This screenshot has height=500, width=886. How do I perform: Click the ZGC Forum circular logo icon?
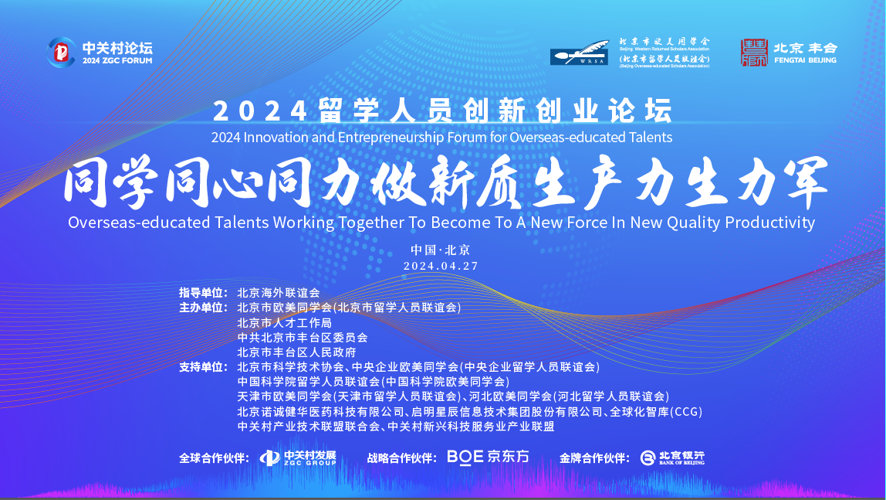pyautogui.click(x=61, y=53)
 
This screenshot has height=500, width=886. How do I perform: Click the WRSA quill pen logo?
pyautogui.click(x=579, y=53)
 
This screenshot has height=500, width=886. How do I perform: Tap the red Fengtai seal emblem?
pyautogui.click(x=754, y=53)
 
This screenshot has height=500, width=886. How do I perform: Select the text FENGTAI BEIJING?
pyautogui.click(x=805, y=60)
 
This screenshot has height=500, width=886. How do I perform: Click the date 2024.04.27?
pyautogui.click(x=441, y=266)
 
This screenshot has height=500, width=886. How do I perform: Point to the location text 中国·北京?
pyautogui.click(x=441, y=250)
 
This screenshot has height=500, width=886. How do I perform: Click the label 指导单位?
pyautogui.click(x=203, y=292)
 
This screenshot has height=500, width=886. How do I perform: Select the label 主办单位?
pyautogui.click(x=203, y=307)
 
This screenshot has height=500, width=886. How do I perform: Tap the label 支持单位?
pyautogui.click(x=203, y=366)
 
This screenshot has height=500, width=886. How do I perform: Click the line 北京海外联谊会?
pyautogui.click(x=279, y=292)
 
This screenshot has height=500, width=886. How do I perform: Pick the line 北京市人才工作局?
pyautogui.click(x=284, y=322)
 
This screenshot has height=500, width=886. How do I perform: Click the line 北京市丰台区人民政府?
pyautogui.click(x=296, y=352)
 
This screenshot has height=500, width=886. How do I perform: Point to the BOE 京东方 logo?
pyautogui.click(x=489, y=457)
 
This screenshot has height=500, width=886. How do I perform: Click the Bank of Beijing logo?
pyautogui.click(x=672, y=457)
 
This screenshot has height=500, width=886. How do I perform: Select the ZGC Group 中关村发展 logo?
pyautogui.click(x=298, y=457)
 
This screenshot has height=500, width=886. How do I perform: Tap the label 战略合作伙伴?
pyautogui.click(x=402, y=458)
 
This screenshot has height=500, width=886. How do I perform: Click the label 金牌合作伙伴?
pyautogui.click(x=594, y=458)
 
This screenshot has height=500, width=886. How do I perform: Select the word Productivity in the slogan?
pyautogui.click(x=770, y=223)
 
